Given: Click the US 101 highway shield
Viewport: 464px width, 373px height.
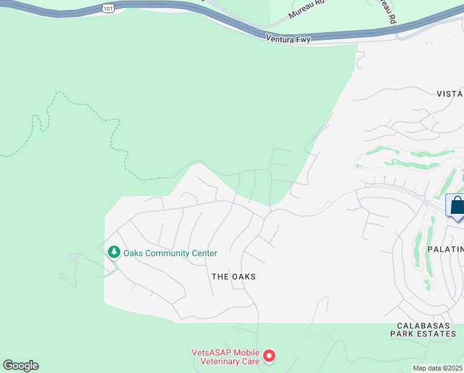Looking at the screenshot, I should tap(108, 8).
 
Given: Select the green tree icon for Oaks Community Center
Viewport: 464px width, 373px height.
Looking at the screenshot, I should tap(113, 252).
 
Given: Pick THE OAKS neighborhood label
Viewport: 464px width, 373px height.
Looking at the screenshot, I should tap(233, 276).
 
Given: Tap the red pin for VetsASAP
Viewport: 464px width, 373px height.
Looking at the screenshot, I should tap(269, 356).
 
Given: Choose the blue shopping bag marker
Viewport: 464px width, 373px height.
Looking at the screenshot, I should tap(457, 206).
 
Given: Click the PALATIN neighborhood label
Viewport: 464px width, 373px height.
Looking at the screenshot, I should tap(445, 249).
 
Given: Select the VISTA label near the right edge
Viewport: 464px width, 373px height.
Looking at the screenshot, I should tap(450, 94).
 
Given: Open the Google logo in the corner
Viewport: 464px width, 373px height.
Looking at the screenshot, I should tap(20, 366).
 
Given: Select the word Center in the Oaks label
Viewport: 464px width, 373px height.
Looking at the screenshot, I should tap(204, 253).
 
